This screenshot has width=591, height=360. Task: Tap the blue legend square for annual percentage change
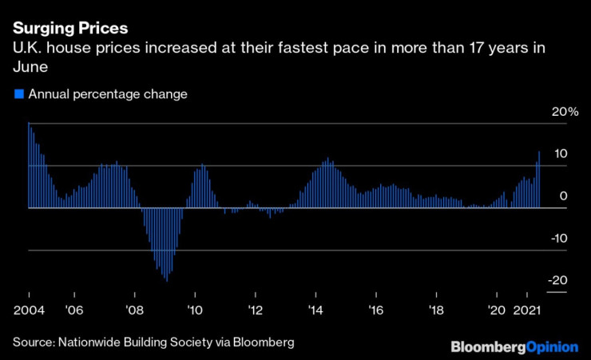point(19,94)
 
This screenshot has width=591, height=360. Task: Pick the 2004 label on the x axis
point(29,308)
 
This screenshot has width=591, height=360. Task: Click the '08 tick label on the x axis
point(134,308)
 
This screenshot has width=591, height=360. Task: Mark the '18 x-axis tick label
point(435,308)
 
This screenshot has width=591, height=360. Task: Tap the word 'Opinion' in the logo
point(552,346)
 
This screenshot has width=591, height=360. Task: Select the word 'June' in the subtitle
point(30,65)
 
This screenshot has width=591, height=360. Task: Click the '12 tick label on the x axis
point(255,308)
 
